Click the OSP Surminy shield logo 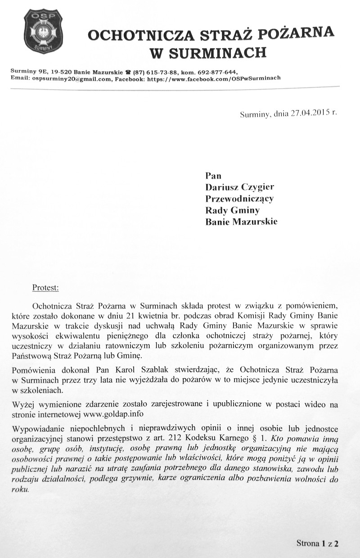[43, 31]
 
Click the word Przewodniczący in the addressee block [239, 198]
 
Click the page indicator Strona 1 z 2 [317, 543]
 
